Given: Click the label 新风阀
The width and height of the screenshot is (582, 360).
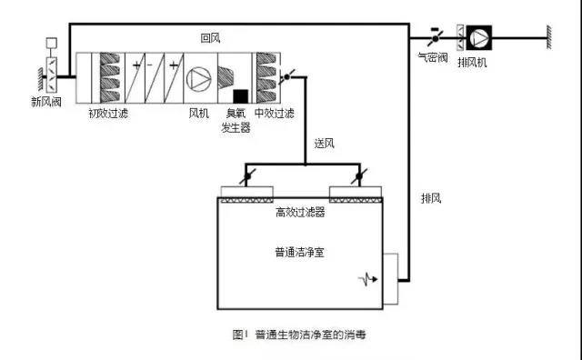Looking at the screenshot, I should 45,102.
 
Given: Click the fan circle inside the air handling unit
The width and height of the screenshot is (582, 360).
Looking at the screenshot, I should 197,78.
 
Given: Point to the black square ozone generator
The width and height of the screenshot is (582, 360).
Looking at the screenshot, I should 241,95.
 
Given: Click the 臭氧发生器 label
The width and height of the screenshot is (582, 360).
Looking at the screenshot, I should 236,122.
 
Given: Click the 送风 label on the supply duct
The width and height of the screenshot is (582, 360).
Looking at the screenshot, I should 325,144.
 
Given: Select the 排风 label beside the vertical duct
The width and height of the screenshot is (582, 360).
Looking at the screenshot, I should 431,197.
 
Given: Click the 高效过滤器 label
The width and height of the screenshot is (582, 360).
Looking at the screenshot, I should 300,212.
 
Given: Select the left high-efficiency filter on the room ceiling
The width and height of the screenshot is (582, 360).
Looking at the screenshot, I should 247,194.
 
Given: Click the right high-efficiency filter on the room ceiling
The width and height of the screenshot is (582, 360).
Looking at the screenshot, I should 356,194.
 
